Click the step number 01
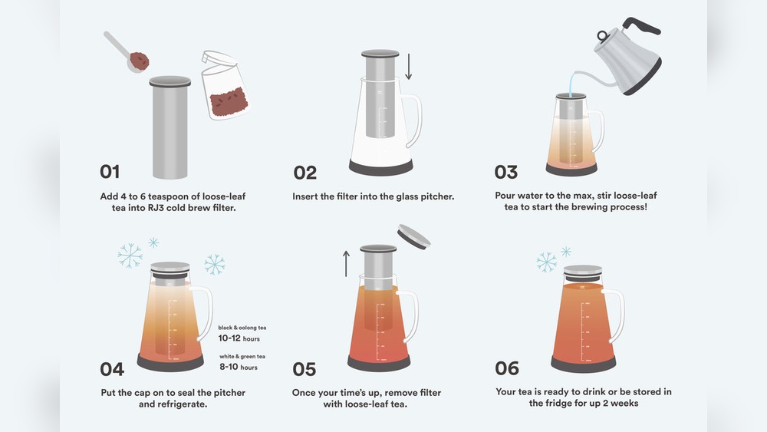coord(110,172)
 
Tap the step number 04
coord(112,369)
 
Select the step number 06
coord(507,368)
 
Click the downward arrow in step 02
coord(409,67)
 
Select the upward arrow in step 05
coord(346,262)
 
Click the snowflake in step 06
coord(546,262)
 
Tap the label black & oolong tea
coord(242,327)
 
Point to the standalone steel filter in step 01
coord(170,127)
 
